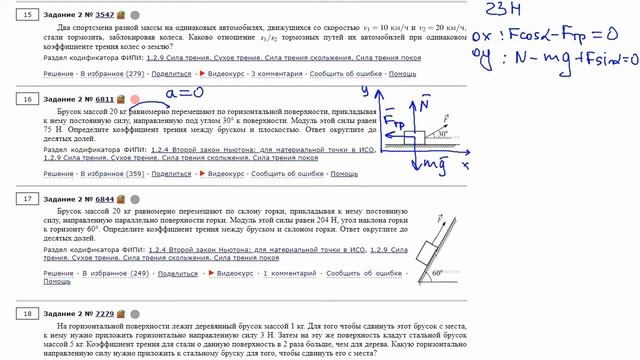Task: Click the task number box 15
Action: (x=27, y=15)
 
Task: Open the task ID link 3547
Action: (x=103, y=15)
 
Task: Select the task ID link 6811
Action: (x=103, y=100)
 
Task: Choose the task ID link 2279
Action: (x=103, y=313)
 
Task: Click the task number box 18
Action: (x=27, y=313)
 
